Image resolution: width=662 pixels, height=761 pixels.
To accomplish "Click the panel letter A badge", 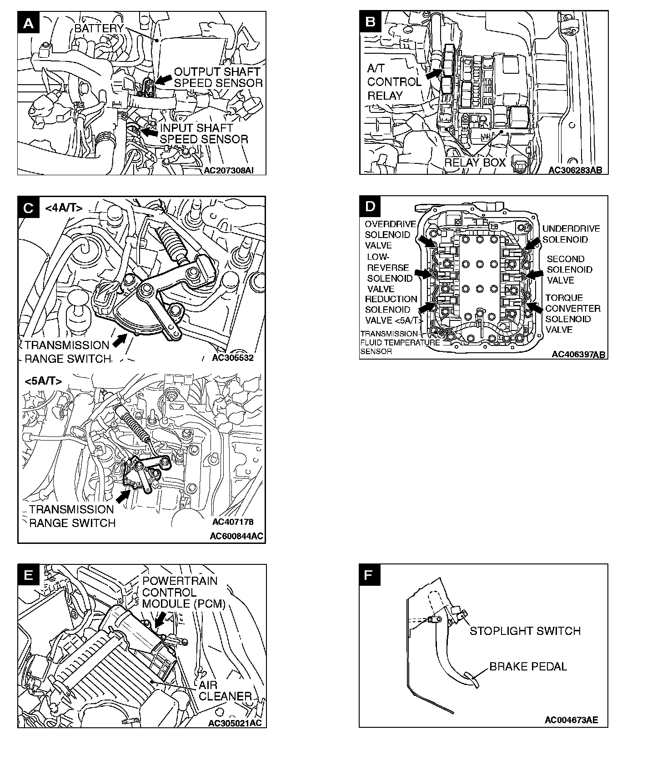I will [28, 23].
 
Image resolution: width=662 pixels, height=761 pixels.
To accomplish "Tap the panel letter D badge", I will [371, 207].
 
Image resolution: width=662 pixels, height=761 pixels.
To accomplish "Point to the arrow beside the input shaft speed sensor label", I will [148, 132].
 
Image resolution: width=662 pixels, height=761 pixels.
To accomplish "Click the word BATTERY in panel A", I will [99, 28].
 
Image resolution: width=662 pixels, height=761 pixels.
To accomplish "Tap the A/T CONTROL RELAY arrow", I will [434, 73].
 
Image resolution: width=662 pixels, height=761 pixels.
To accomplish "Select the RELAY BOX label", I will [475, 162].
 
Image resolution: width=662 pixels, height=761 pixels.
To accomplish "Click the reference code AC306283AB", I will [575, 170].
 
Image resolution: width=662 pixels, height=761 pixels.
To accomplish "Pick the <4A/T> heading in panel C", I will [64, 208].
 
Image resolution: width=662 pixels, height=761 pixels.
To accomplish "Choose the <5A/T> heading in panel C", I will [43, 381].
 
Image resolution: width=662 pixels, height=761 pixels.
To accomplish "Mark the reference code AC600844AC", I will [236, 536].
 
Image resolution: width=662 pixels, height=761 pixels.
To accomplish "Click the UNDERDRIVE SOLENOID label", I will [571, 234].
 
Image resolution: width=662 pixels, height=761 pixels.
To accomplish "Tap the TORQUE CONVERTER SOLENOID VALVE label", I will [572, 314].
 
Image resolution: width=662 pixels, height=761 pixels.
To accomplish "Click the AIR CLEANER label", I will [225, 690].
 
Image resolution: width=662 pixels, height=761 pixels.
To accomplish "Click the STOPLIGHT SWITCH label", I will [525, 631].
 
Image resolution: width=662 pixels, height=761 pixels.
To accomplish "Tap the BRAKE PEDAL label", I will [528, 667].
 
